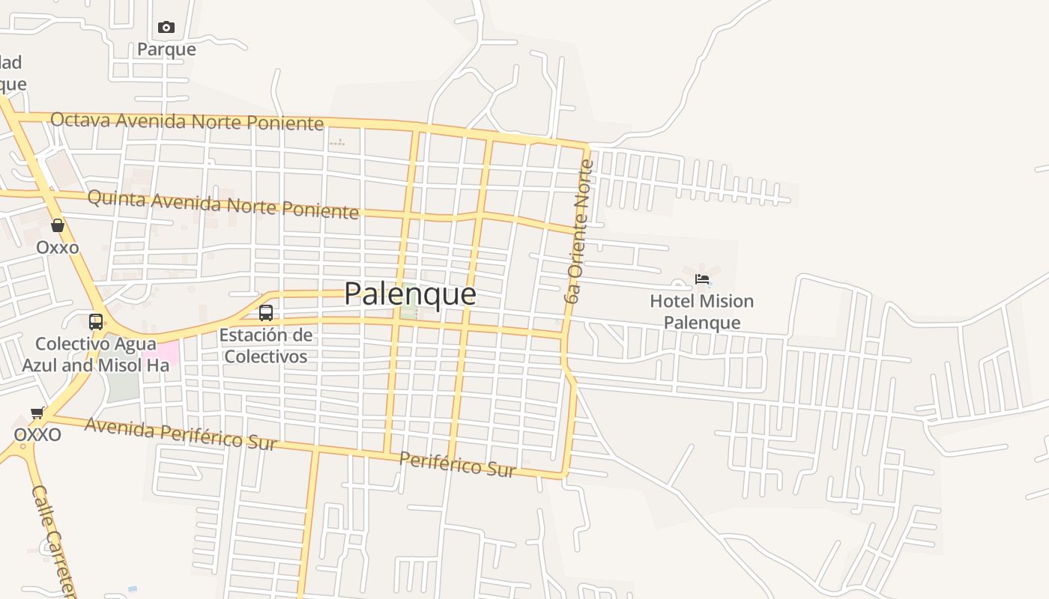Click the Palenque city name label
pyautogui.click(x=410, y=294)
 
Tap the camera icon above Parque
pyautogui.click(x=166, y=28)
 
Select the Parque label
pyautogui.click(x=166, y=49)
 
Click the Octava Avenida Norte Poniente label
pyautogui.click(x=187, y=121)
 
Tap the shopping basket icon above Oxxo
pyautogui.click(x=58, y=225)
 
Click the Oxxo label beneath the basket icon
pyautogui.click(x=58, y=247)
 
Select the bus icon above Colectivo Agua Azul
pyautogui.click(x=96, y=322)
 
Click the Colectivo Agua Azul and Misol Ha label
pyautogui.click(x=91, y=355)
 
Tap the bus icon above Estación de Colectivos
pyautogui.click(x=266, y=313)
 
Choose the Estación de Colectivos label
pyautogui.click(x=266, y=345)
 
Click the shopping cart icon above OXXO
pyautogui.click(x=37, y=413)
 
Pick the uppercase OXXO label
pyautogui.click(x=37, y=434)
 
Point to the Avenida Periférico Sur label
pyautogui.click(x=181, y=434)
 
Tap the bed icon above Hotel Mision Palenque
pyautogui.click(x=702, y=279)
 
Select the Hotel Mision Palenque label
pyautogui.click(x=702, y=311)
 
